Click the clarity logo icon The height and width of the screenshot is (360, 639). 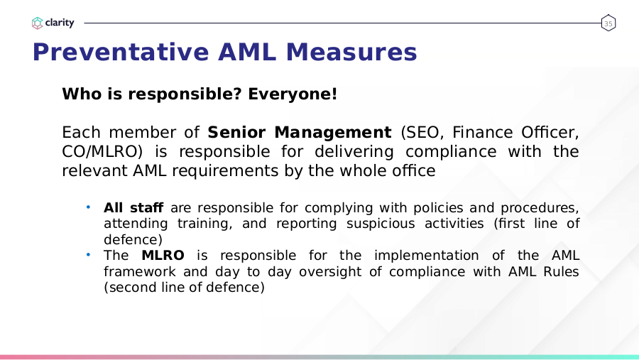(x=37, y=23)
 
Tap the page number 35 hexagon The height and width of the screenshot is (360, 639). (x=608, y=23)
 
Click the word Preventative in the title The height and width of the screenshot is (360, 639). (x=121, y=52)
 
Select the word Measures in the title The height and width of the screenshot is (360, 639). (x=351, y=52)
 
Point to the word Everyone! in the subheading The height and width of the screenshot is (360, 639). (x=293, y=94)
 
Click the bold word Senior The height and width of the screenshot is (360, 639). (x=236, y=133)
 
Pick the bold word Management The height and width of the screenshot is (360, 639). (x=333, y=133)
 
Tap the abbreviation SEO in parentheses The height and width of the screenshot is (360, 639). (x=422, y=133)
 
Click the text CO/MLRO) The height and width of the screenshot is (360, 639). (x=102, y=152)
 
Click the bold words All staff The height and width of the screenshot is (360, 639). (x=133, y=207)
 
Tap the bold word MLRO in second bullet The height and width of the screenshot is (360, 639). (x=163, y=255)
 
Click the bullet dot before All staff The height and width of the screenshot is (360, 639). (x=88, y=207)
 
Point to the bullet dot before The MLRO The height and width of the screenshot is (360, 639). (x=88, y=255)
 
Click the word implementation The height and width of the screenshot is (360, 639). (x=426, y=256)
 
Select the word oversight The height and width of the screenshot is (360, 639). (x=330, y=272)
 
